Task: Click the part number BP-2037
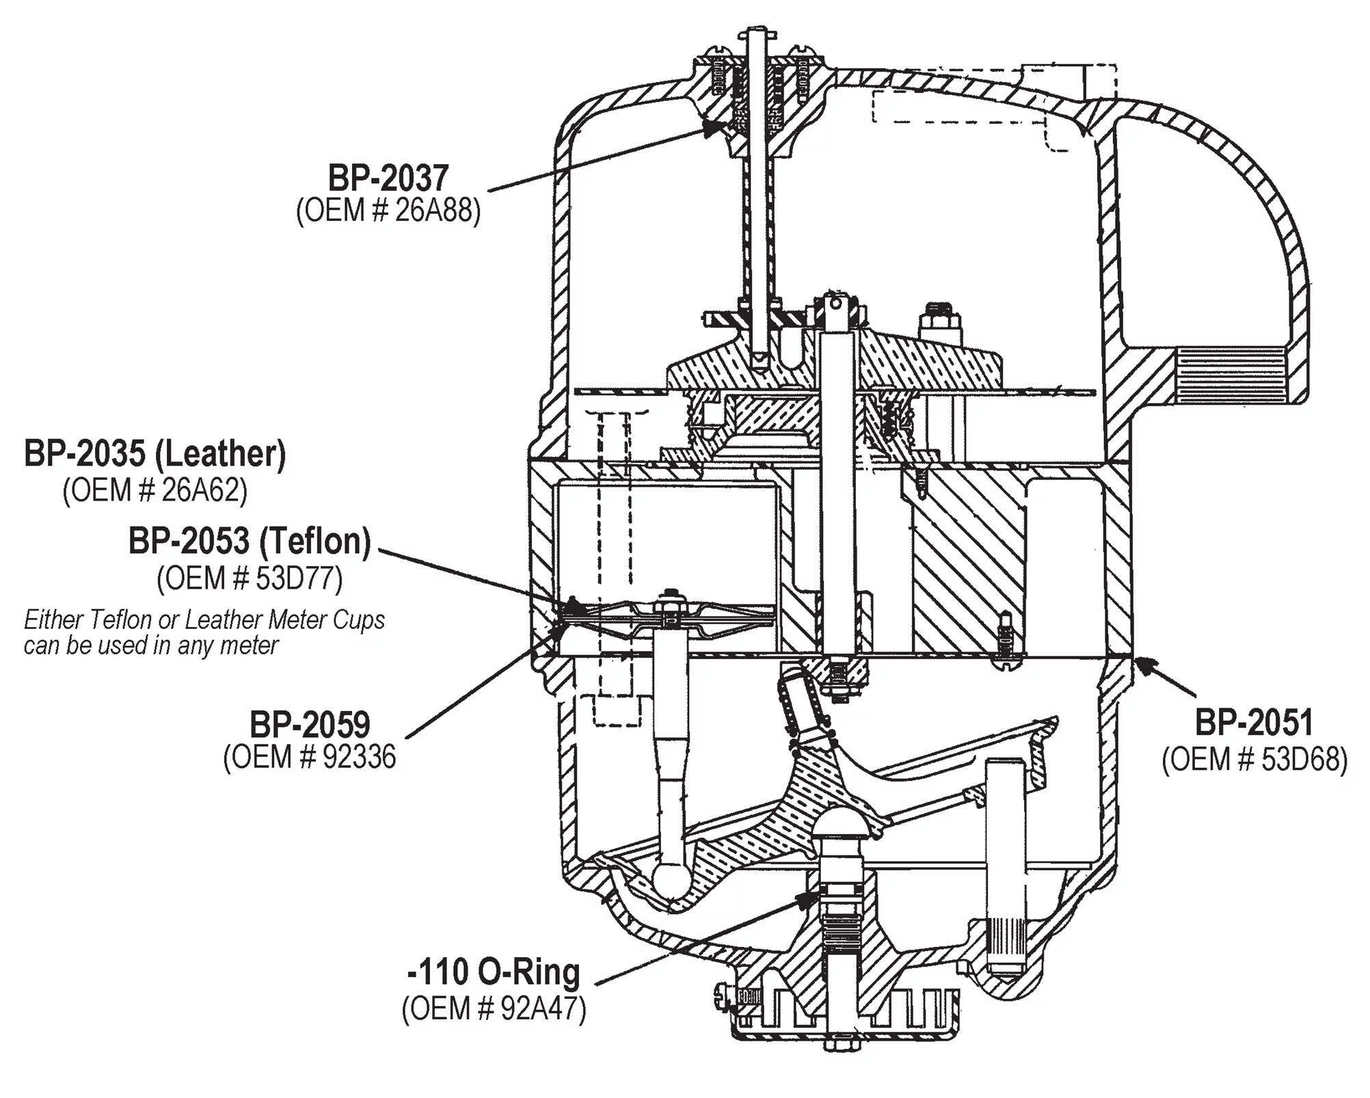[388, 178]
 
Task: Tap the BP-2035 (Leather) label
[155, 454]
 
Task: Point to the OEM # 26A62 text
[155, 490]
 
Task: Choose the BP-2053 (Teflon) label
[250, 541]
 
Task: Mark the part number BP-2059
[310, 725]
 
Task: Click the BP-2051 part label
[1254, 723]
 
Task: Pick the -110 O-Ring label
[494, 972]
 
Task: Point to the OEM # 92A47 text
[494, 1009]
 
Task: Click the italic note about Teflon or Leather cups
[204, 632]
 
